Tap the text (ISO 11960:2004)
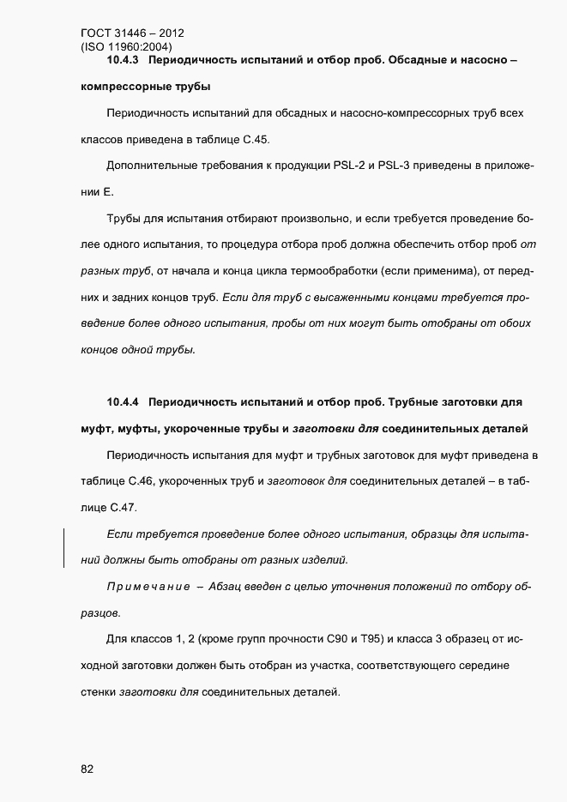click(x=127, y=47)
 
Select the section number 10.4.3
click(x=125, y=61)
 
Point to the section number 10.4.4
click(x=125, y=401)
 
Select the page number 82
click(x=87, y=769)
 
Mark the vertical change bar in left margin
click(x=64, y=547)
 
